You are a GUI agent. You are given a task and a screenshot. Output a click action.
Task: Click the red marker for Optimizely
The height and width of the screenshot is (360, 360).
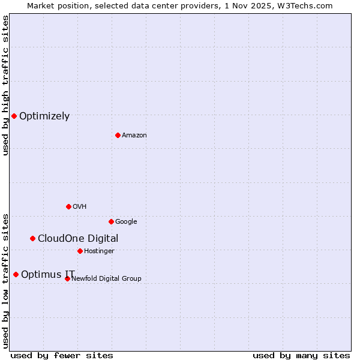tap(14, 116)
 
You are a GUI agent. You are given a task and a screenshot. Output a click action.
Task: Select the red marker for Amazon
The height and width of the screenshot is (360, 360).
tap(118, 135)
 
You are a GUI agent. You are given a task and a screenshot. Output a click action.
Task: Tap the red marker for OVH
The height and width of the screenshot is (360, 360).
tap(68, 206)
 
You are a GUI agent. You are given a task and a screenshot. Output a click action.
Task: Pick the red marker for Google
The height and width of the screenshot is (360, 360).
tap(111, 221)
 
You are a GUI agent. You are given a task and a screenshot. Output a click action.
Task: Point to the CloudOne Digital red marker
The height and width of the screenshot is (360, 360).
tap(32, 238)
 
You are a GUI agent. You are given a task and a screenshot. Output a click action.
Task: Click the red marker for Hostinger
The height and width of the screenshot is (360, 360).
tap(80, 251)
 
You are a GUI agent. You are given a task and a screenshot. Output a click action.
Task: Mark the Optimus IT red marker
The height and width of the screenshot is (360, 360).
tap(16, 274)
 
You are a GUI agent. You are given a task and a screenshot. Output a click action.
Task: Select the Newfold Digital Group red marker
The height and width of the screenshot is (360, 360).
tap(67, 278)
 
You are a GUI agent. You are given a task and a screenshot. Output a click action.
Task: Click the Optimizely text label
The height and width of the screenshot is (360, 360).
tap(44, 116)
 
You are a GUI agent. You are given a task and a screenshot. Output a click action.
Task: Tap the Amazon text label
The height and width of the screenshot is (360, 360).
tap(134, 136)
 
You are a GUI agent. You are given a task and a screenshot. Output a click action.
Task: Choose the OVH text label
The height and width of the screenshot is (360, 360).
tap(80, 207)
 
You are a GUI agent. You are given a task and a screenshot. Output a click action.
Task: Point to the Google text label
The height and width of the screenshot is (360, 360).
tap(126, 222)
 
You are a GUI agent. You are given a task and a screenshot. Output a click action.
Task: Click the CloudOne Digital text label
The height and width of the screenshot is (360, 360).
tap(78, 239)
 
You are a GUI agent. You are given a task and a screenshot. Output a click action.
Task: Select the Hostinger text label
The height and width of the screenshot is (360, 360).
tap(99, 251)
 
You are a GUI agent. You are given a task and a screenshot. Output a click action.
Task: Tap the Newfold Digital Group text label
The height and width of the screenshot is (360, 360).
tap(106, 279)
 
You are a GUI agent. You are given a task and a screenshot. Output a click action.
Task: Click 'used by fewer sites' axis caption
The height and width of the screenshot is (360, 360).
tap(62, 355)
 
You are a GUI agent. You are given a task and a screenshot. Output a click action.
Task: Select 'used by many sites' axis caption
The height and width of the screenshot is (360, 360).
tap(301, 355)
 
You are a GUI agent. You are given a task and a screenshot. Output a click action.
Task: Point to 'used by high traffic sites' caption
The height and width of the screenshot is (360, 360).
tap(5, 85)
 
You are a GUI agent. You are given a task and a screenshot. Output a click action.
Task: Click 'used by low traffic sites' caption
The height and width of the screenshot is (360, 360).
tap(5, 280)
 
